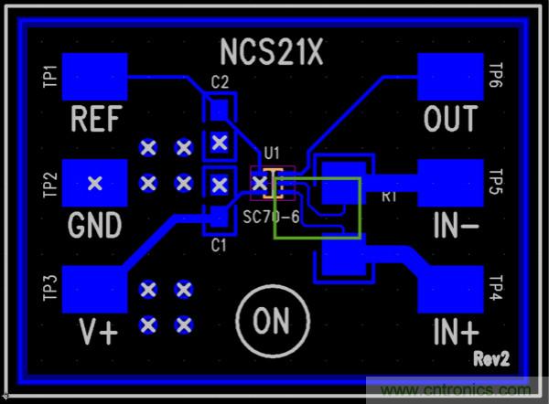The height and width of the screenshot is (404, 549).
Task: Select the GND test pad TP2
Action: tap(94, 184)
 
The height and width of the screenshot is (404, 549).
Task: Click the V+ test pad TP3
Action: tap(95, 292)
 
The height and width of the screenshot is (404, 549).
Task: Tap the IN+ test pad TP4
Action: tap(449, 292)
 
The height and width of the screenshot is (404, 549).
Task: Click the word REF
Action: tap(95, 118)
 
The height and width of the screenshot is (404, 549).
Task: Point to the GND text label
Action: tap(95, 224)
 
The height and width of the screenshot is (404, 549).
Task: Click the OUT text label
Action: tap(450, 118)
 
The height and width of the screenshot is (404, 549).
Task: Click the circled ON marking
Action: tap(271, 321)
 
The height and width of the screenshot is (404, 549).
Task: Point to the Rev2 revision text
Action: tap(490, 356)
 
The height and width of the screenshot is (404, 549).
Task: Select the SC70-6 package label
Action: tap(272, 218)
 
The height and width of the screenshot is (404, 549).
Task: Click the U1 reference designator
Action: tap(271, 153)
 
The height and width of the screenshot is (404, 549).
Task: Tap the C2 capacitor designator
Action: tap(220, 83)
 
